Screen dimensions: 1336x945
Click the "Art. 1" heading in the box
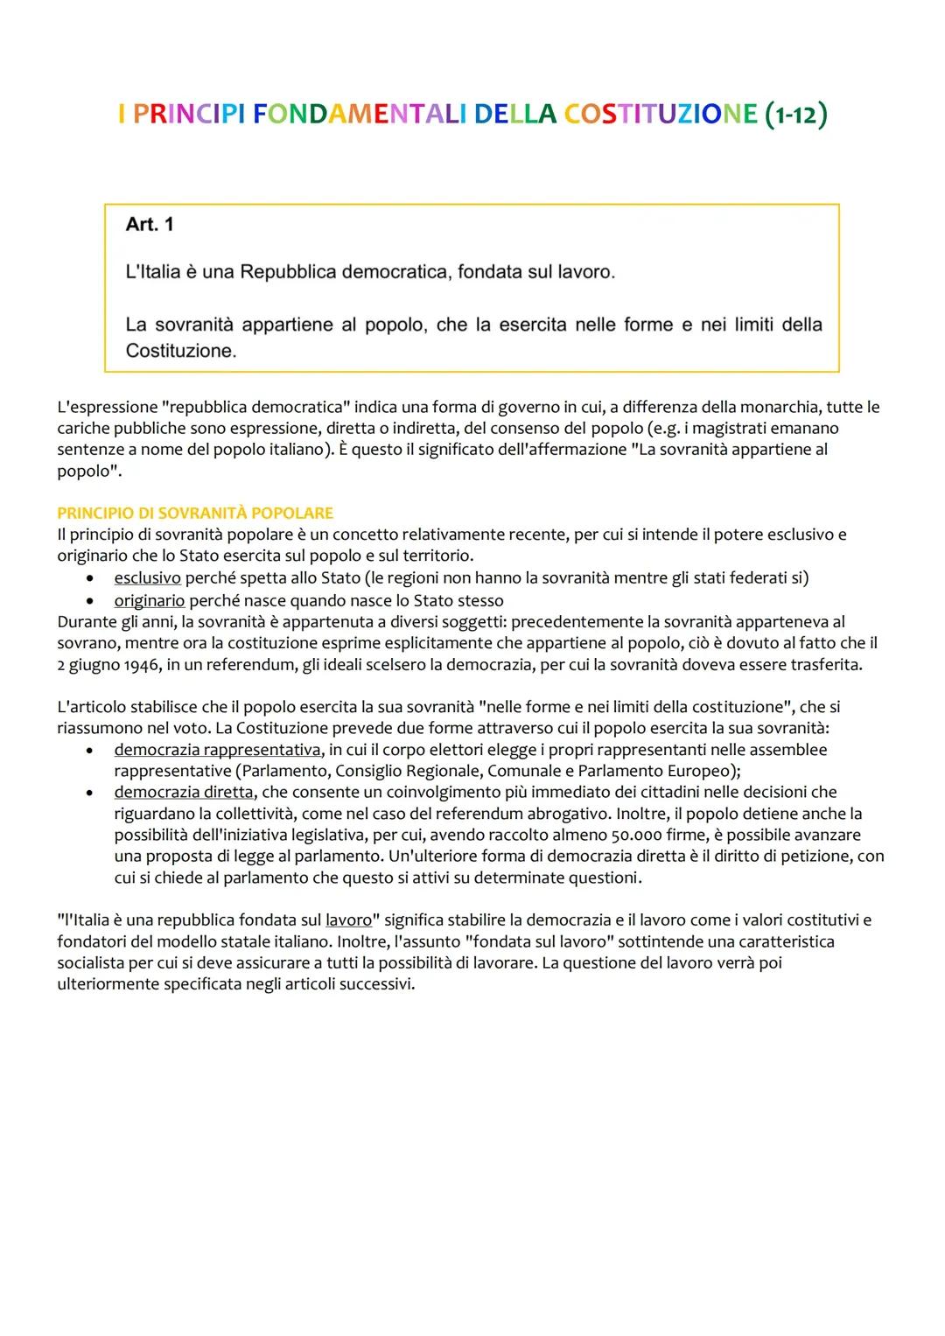pos(150,225)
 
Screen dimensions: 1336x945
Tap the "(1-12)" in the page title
pos(795,115)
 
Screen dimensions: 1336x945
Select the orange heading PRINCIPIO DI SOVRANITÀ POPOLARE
pos(195,513)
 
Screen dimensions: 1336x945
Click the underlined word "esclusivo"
pos(147,577)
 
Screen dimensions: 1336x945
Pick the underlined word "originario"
pos(149,600)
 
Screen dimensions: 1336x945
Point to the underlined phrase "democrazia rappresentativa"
pos(217,750)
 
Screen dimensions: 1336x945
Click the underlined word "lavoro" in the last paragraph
pos(348,920)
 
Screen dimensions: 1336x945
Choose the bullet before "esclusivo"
pos(90,578)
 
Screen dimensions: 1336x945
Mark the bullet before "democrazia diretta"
pos(90,793)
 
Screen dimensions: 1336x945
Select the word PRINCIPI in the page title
pos(189,115)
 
